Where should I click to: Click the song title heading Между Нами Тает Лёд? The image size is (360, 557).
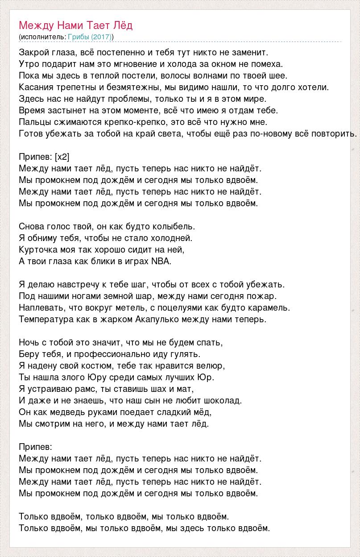pyautogui.click(x=76, y=25)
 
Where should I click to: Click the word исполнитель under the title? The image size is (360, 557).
pyautogui.click(x=42, y=37)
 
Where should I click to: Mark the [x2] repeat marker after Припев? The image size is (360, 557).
pyautogui.click(x=62, y=157)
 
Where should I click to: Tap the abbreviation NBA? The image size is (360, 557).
pyautogui.click(x=161, y=261)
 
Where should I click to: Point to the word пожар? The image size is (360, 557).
pyautogui.click(x=265, y=296)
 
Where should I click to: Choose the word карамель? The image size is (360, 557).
pyautogui.click(x=272, y=308)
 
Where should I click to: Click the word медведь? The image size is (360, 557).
pyautogui.click(x=59, y=412)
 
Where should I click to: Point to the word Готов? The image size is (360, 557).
pyautogui.click(x=30, y=133)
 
